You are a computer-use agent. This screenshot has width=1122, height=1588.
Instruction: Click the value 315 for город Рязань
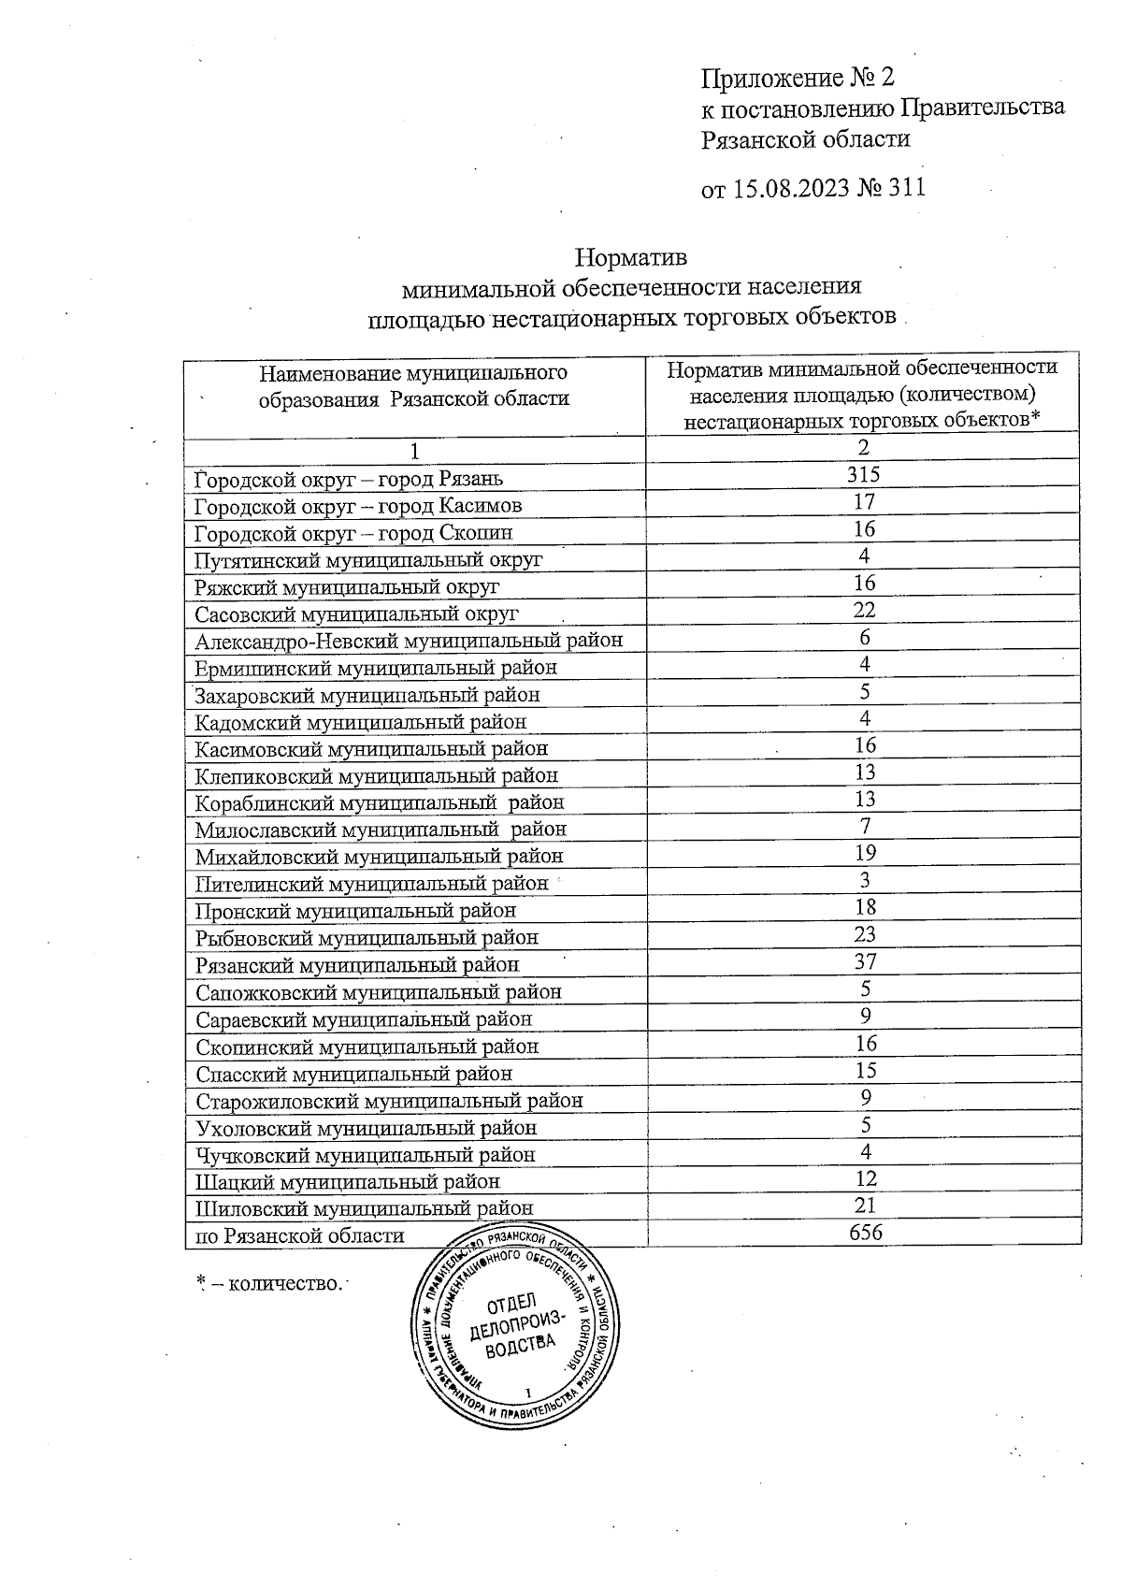coord(863,474)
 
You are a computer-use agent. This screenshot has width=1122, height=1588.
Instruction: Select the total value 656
coord(865,1232)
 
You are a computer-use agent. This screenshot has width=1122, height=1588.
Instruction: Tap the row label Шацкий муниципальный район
coord(347,1182)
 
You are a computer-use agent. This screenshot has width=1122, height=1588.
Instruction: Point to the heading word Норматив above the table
coord(631,255)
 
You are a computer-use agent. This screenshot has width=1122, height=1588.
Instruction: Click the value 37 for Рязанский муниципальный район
coord(864,961)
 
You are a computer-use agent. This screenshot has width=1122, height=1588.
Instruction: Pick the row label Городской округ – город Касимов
coord(358,506)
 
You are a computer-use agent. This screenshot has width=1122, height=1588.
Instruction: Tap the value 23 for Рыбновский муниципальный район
coord(864,934)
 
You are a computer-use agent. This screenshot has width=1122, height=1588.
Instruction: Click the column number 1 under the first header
coord(415,451)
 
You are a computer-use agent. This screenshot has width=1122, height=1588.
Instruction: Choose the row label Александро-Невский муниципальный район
coord(409,641)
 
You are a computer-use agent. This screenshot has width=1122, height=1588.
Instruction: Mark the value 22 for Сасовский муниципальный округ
coord(864,610)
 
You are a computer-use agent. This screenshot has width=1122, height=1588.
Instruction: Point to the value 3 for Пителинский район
coord(865,880)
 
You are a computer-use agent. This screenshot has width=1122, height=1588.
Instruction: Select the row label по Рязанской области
coord(299,1235)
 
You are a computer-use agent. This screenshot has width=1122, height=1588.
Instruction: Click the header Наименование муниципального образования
coord(413,385)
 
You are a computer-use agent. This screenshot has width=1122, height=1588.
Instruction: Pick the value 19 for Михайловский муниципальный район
coord(865,853)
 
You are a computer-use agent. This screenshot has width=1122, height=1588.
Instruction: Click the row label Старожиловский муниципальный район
coord(389,1101)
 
